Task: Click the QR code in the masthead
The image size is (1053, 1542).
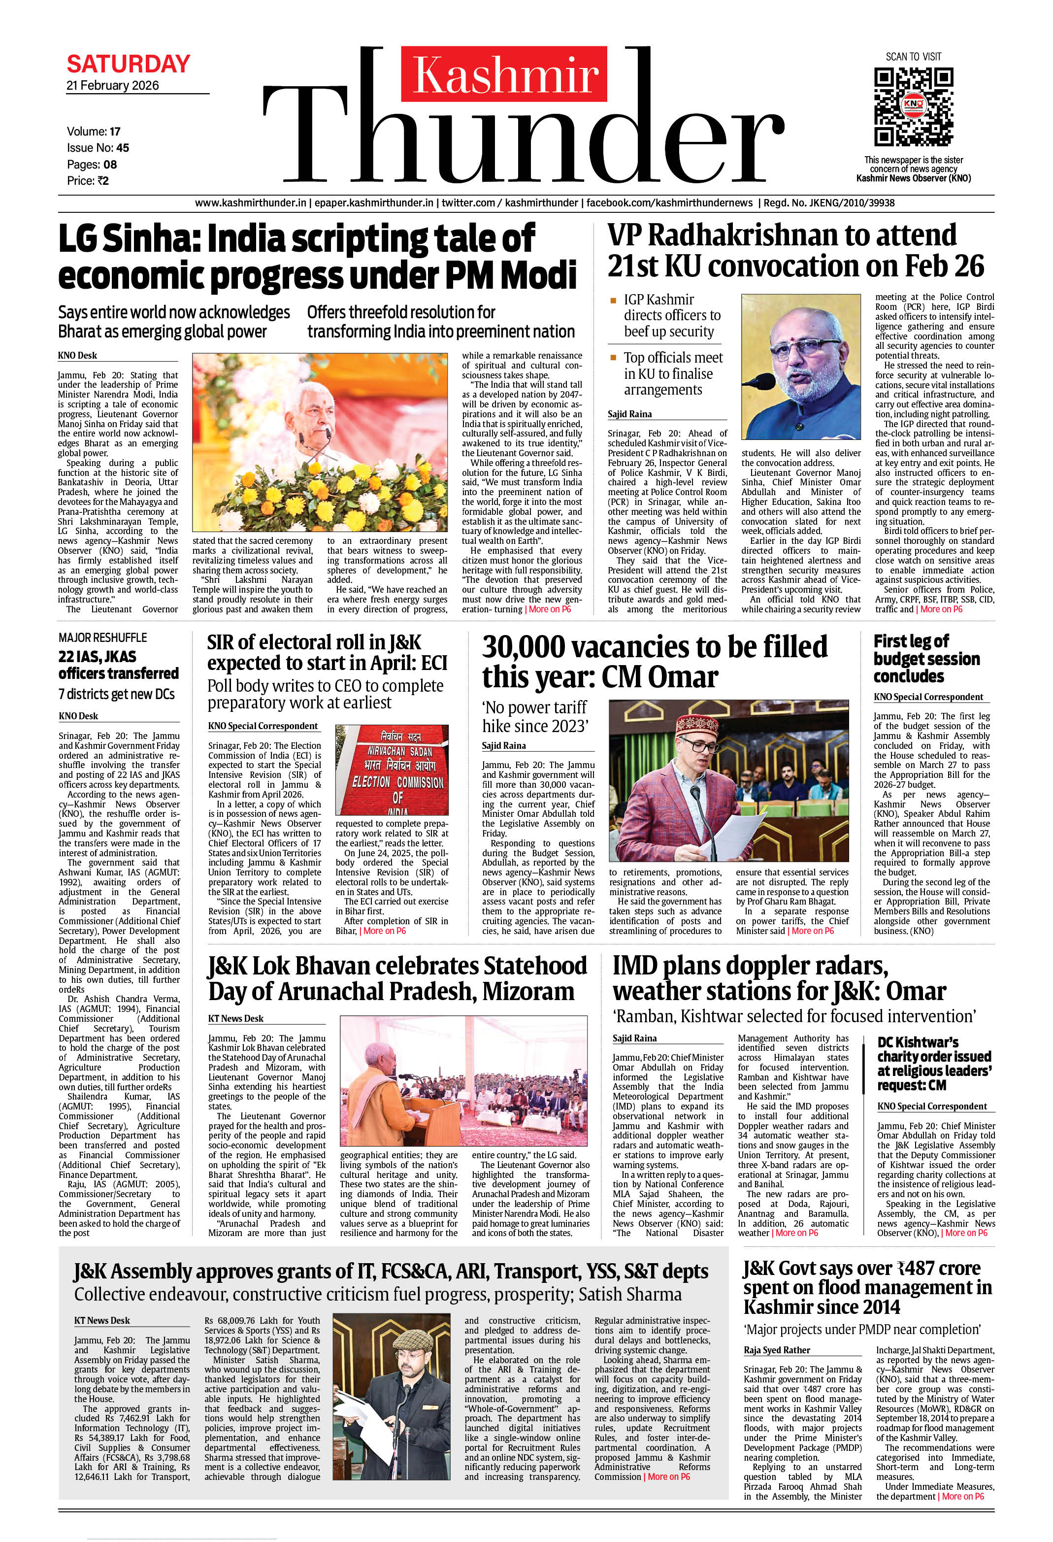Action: [913, 107]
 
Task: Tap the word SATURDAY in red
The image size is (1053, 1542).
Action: [128, 65]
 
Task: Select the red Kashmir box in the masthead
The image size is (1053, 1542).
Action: [504, 73]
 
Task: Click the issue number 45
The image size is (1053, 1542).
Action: [122, 148]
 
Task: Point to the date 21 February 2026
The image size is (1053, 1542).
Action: [113, 86]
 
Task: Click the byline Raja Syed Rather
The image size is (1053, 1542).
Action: [776, 1350]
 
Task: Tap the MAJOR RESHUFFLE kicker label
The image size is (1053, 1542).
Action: [103, 637]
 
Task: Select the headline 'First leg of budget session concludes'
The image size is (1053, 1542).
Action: [926, 659]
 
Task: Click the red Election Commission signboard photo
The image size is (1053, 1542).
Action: [392, 770]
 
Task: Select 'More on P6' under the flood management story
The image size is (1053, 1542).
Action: [963, 1496]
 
